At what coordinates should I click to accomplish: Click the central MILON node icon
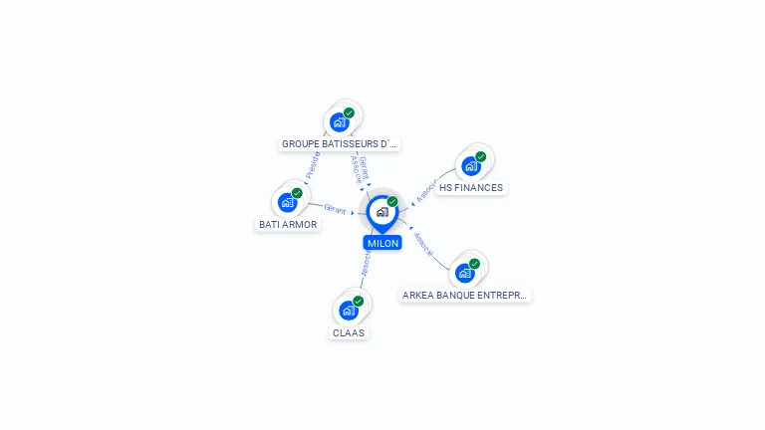click(x=382, y=212)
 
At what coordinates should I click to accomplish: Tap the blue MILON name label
click(x=382, y=243)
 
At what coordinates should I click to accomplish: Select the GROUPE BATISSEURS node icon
click(x=340, y=122)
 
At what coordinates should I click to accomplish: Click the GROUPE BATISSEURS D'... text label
click(x=340, y=144)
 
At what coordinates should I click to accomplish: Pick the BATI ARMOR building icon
click(x=288, y=202)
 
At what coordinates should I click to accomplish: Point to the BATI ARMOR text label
click(x=288, y=225)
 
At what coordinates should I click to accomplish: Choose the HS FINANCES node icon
click(x=471, y=165)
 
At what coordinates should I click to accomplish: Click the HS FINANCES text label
click(x=471, y=188)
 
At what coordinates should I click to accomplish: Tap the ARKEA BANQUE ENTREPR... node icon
click(x=464, y=273)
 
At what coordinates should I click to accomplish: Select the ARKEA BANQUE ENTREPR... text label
click(x=465, y=296)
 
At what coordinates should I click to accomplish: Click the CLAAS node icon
click(x=349, y=311)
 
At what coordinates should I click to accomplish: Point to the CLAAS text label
click(x=349, y=333)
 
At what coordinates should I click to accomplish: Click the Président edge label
click(x=313, y=164)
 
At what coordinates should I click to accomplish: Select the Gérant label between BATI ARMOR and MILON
click(x=335, y=208)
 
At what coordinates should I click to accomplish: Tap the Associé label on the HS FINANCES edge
click(x=426, y=191)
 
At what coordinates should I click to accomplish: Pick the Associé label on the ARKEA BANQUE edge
click(x=423, y=245)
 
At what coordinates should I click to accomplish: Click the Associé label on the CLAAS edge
click(x=366, y=264)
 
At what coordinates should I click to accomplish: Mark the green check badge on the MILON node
click(x=392, y=201)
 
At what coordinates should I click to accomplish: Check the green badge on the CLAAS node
click(x=359, y=301)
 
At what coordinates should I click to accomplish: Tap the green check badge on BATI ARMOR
click(x=297, y=193)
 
